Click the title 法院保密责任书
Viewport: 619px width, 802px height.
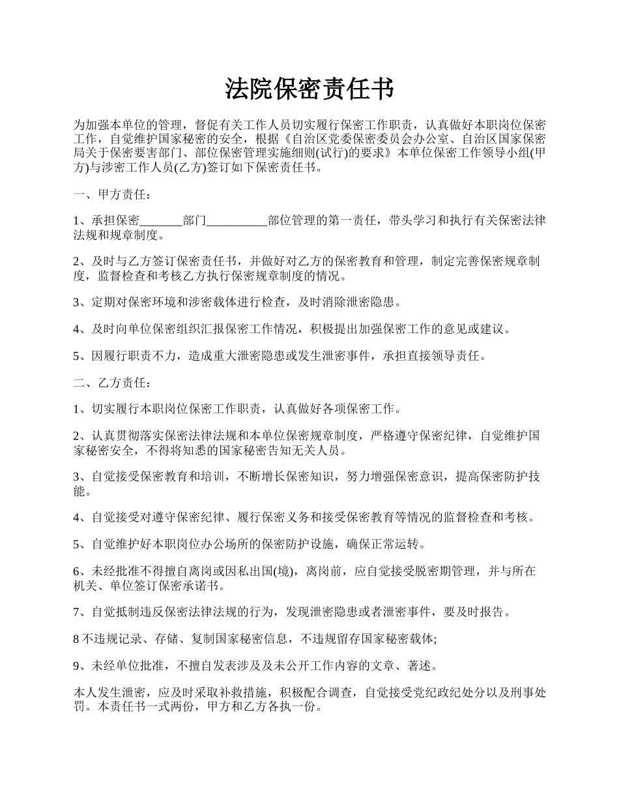(309, 89)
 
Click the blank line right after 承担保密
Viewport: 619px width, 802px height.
(161, 221)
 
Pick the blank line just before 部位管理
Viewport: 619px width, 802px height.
(237, 221)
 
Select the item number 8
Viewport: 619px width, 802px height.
(77, 639)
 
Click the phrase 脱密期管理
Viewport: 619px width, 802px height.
(448, 571)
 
